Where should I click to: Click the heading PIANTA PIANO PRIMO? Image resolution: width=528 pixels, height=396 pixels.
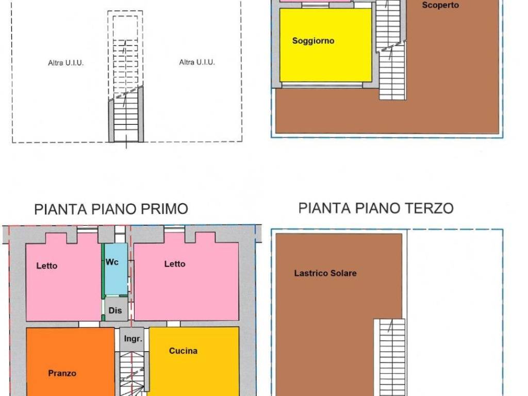[x=111, y=209]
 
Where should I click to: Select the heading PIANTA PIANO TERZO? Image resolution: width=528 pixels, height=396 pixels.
[x=376, y=208]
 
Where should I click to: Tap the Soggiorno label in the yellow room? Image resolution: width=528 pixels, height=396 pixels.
[x=313, y=41]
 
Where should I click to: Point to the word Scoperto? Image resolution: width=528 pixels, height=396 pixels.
[x=440, y=6]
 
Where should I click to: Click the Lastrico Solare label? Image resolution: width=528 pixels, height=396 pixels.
[x=325, y=273]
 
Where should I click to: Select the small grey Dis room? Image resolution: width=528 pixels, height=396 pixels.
[x=115, y=310]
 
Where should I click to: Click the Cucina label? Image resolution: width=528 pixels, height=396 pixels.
[x=183, y=351]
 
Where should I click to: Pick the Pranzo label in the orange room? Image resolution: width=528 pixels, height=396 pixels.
[x=62, y=373]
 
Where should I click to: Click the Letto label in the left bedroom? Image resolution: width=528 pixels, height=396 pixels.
[x=47, y=266]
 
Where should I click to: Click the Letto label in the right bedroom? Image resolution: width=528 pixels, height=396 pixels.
[x=175, y=264]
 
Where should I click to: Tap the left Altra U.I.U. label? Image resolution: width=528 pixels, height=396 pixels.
[x=65, y=63]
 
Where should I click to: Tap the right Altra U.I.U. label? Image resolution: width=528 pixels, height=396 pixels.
[x=197, y=62]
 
